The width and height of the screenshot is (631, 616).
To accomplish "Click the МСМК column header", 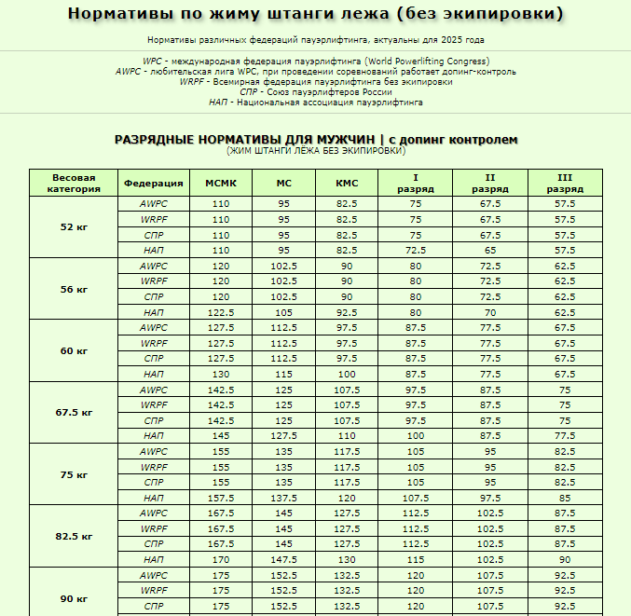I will coord(220,183).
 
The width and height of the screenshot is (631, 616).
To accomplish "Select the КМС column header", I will coord(347,183).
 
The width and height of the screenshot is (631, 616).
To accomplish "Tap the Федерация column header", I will coord(154,183).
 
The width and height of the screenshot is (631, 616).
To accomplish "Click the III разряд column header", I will coord(565,183).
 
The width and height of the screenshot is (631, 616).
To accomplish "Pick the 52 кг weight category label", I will coord(74,226).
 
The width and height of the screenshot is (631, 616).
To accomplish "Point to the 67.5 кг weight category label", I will coord(74,412).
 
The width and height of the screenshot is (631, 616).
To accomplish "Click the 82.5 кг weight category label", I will coord(74,536).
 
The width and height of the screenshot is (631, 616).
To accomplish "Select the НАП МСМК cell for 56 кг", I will coord(220,312).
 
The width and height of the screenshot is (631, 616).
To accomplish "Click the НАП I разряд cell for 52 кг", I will coord(415,250).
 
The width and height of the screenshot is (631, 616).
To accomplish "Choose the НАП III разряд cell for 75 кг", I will coord(565,498).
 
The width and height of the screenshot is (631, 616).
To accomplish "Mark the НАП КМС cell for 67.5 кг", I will coord(347,435).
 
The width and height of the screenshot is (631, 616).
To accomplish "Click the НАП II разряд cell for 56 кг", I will coord(490,312).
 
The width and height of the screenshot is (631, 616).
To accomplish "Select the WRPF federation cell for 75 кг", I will coord(154,467).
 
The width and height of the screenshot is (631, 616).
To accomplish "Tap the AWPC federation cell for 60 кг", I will coord(154,327).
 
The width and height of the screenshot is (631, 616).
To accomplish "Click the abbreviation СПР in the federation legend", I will coord(249,92).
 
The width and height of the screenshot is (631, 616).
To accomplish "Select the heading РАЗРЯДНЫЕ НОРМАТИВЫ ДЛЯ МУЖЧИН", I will coord(245,140).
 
